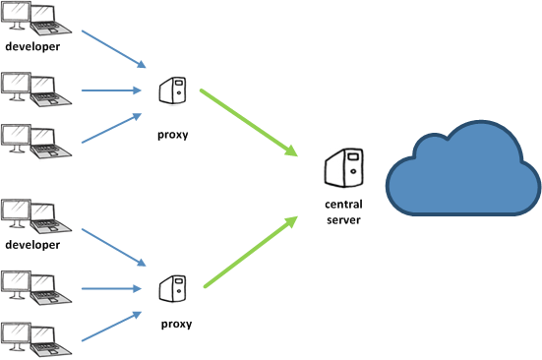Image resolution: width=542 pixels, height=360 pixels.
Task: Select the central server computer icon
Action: (x=344, y=168)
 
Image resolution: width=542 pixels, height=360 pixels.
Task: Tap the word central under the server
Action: (x=343, y=205)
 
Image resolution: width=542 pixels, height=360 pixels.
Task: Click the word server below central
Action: (x=343, y=219)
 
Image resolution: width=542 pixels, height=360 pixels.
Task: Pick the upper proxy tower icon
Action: (x=172, y=90)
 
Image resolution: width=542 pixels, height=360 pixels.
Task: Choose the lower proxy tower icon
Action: (x=172, y=289)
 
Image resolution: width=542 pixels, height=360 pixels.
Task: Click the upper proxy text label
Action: (x=173, y=135)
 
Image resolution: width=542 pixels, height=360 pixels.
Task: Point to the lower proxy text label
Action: (x=176, y=324)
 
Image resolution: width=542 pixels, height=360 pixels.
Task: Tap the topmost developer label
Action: (x=32, y=46)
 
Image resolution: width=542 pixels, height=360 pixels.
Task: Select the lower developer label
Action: (x=32, y=245)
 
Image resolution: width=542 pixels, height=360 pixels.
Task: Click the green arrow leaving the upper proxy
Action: (x=249, y=123)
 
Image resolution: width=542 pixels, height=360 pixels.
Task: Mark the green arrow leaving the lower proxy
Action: (x=251, y=252)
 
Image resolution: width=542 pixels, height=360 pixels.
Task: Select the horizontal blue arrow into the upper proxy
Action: (x=111, y=90)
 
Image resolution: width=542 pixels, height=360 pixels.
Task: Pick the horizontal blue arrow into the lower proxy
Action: (x=111, y=288)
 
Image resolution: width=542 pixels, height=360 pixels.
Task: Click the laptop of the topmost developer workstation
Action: (x=50, y=20)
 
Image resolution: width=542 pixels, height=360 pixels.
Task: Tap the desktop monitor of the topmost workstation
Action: (x=16, y=16)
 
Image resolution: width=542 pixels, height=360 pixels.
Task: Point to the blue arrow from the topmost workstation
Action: (x=114, y=49)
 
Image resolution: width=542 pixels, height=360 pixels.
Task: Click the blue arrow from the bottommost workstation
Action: (x=111, y=327)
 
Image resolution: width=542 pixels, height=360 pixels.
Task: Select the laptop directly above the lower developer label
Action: (x=50, y=217)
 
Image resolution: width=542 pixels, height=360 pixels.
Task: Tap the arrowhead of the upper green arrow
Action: (x=291, y=150)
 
